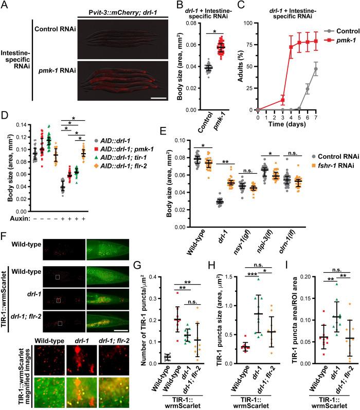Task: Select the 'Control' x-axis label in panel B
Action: tap(208, 123)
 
